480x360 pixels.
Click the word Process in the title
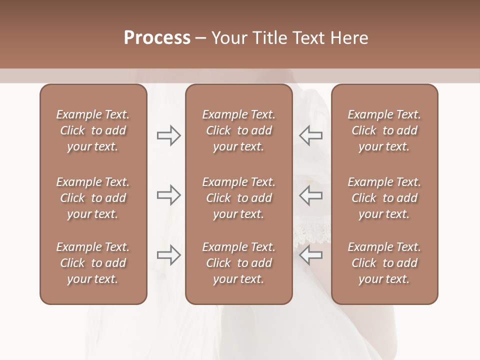(157, 38)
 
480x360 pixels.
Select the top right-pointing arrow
(169, 135)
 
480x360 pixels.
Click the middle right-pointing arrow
(169, 195)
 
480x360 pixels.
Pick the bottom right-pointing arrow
(169, 254)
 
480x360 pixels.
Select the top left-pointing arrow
(310, 135)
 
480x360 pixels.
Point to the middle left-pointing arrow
(310, 195)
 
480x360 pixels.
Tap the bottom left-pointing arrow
(310, 254)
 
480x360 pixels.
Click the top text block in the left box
(93, 130)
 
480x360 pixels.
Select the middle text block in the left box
(93, 198)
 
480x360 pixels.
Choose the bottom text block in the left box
(93, 263)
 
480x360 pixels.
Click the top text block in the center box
(238, 130)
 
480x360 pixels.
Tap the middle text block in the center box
(238, 198)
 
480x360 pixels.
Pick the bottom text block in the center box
(238, 263)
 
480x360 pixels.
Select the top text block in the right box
(384, 130)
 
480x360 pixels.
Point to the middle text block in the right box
(384, 198)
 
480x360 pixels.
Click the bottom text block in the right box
(384, 263)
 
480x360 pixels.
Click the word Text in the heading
(308, 38)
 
